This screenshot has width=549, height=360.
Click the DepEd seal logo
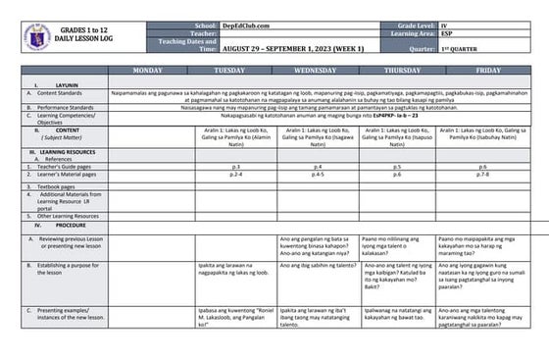[x=30, y=34]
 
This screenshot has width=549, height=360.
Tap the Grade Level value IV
[x=460, y=22]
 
